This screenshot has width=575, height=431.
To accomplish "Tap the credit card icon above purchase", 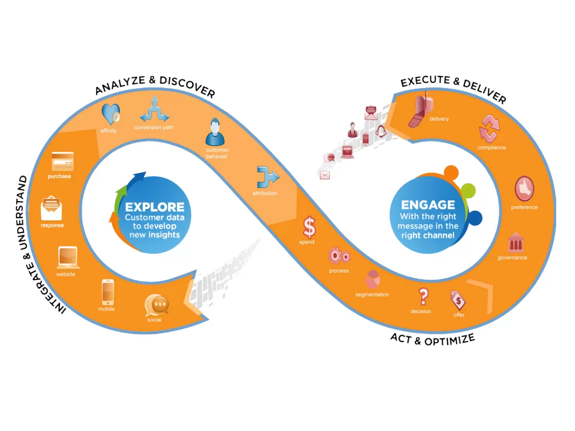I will click(x=63, y=162).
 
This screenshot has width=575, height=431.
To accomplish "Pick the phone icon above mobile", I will click(x=107, y=292).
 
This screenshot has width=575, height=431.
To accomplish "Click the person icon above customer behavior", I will click(x=215, y=133).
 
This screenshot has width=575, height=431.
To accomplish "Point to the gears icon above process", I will click(x=339, y=257).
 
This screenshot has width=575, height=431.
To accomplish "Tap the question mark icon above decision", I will click(x=423, y=296).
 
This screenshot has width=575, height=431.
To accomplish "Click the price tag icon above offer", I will click(x=458, y=301).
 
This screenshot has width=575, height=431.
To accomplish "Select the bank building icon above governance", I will click(x=515, y=242).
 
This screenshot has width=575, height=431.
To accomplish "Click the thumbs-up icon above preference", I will click(x=524, y=189).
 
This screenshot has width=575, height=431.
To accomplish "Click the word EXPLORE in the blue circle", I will click(x=154, y=207).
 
